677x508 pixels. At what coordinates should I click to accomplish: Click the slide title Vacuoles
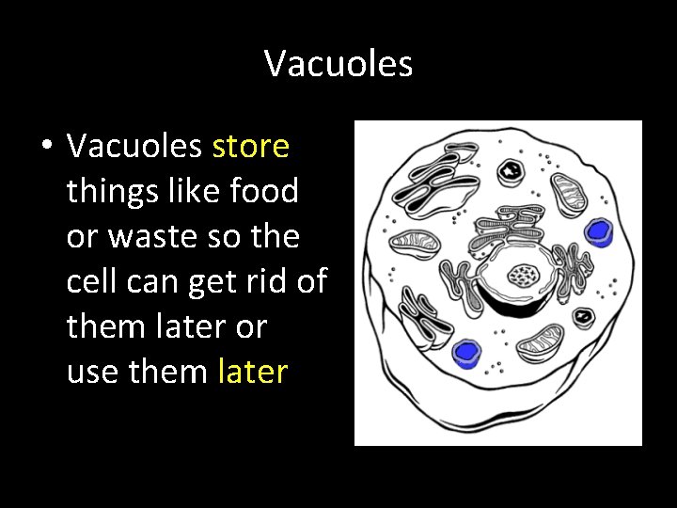click(338, 64)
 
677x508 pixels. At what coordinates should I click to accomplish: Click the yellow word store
click(251, 147)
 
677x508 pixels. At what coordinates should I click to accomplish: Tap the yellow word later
click(252, 373)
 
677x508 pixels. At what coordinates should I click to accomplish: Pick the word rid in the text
click(262, 282)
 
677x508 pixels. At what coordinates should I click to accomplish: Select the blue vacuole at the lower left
click(464, 353)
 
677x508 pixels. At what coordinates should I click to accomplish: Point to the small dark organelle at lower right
click(583, 316)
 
